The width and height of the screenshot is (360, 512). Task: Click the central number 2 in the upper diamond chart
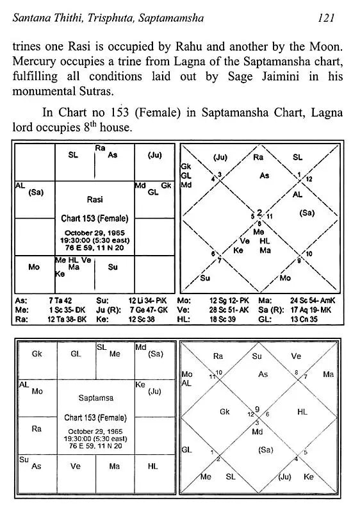(x=260, y=212)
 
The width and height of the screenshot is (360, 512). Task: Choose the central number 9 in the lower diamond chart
(x=257, y=409)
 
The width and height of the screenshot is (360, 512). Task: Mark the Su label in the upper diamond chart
(x=205, y=278)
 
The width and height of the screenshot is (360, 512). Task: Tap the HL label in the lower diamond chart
(x=302, y=412)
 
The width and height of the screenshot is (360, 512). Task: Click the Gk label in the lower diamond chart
(x=224, y=412)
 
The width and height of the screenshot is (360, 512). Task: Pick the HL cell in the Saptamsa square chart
(x=152, y=467)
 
